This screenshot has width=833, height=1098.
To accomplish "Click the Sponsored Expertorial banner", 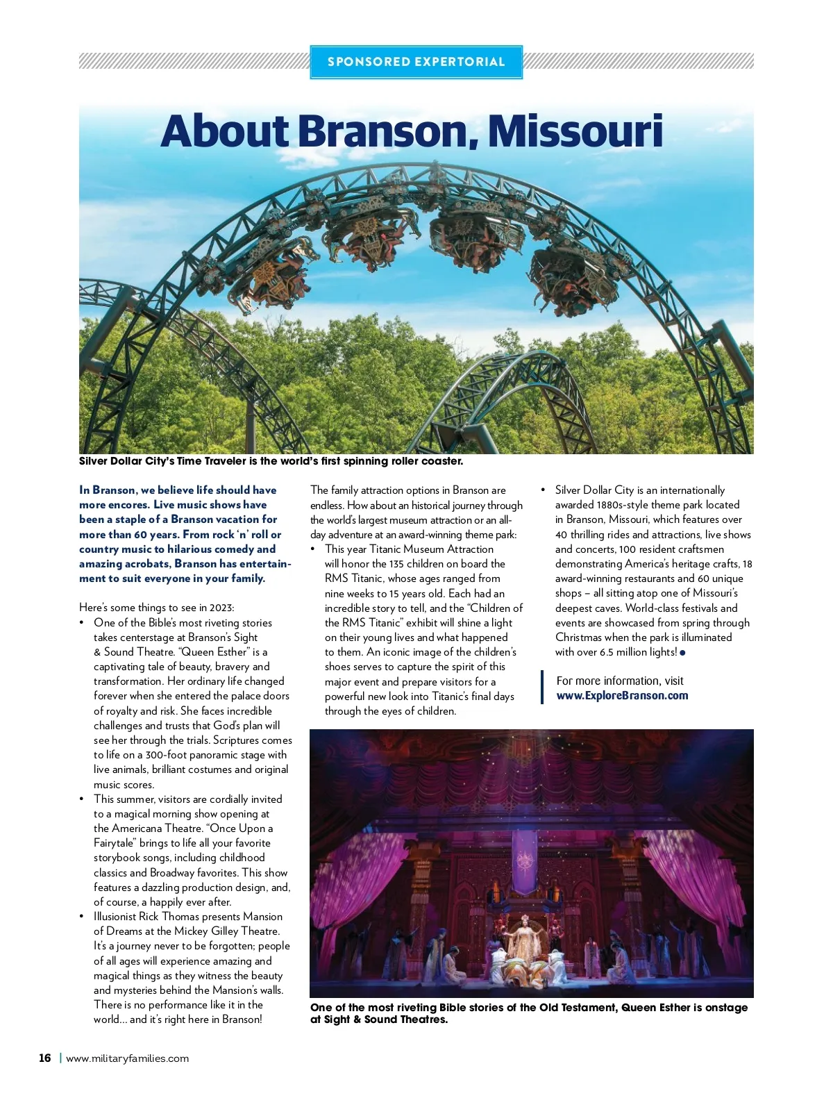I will [x=416, y=62].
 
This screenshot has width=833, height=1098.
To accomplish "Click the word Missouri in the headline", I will [x=575, y=131].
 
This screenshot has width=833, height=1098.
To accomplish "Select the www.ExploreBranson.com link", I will [x=622, y=696].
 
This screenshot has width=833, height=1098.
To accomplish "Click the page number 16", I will [x=45, y=1058].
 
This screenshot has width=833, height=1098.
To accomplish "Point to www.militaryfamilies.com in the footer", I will [x=127, y=1058].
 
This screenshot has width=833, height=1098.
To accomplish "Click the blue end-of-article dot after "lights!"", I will [x=683, y=653].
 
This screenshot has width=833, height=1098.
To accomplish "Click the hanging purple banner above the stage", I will [x=523, y=858].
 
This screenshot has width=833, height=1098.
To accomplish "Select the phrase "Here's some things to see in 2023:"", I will [x=157, y=608].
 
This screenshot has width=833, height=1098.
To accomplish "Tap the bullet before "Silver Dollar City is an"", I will [x=544, y=490].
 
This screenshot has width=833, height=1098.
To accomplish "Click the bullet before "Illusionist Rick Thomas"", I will [x=83, y=917].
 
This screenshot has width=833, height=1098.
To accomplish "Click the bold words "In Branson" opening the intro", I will [x=108, y=490].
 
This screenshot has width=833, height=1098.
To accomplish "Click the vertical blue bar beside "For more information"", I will [x=542, y=688].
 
